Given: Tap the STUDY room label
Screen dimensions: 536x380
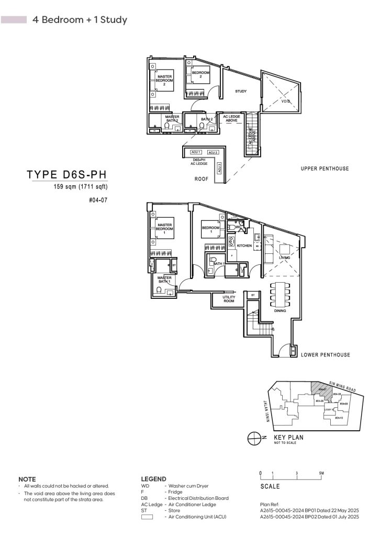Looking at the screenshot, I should tap(241, 92).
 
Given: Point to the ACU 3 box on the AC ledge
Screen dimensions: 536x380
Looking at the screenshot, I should tap(219, 169).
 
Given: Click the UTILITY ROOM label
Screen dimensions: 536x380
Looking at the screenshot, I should tap(229, 299).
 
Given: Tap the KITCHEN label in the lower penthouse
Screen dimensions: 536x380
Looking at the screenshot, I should tap(244, 245).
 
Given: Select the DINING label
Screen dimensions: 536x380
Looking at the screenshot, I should tap(281, 311).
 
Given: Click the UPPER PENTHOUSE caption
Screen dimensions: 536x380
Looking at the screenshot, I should tap(325, 169).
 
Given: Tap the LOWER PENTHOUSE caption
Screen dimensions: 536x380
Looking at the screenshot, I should tap(325, 355).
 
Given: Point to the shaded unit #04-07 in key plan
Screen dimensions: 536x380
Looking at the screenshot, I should tap(318, 388).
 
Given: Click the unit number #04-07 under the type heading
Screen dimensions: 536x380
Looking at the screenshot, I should tap(98, 199).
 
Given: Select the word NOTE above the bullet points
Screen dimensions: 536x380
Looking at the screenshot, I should tap(27, 479).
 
